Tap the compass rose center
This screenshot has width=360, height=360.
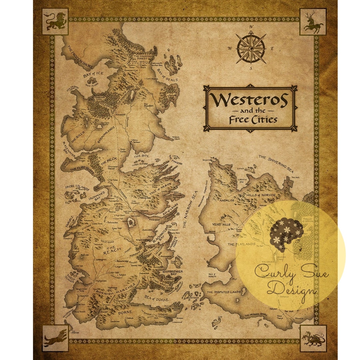pyautogui.click(x=251, y=49)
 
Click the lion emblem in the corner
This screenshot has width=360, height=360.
pyautogui.click(x=55, y=22)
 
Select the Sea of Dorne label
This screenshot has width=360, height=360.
pyautogui.click(x=157, y=297)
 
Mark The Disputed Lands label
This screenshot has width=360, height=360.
pyautogui.click(x=224, y=292)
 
